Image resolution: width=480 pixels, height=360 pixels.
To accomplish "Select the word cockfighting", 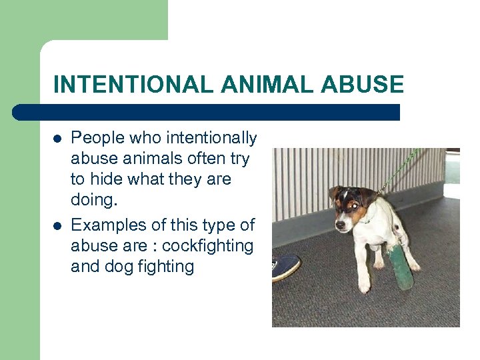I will [207, 246].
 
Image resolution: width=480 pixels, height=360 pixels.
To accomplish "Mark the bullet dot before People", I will [58, 139].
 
